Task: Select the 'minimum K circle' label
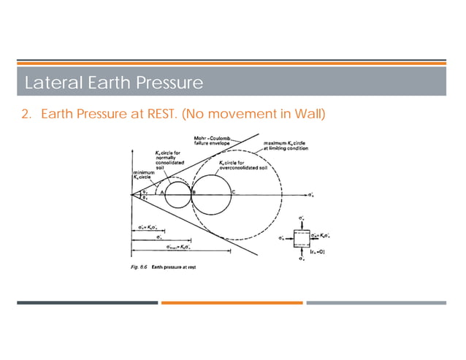(x=143, y=177)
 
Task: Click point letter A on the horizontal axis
(x=161, y=191)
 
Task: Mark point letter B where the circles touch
(x=193, y=191)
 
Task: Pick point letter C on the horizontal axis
(x=233, y=191)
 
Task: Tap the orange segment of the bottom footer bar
(x=232, y=302)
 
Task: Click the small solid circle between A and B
(x=177, y=196)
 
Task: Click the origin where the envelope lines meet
(x=132, y=196)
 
